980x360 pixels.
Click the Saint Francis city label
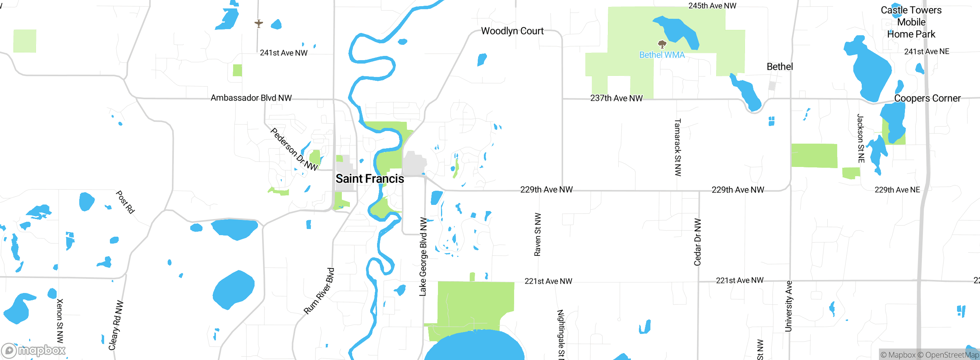coord(370,179)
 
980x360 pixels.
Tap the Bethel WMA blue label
coord(662,55)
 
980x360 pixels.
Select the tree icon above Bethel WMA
coord(662,44)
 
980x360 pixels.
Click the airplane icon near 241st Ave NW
coord(259,24)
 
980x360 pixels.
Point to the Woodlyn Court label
coord(512,31)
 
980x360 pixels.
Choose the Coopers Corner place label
coord(927,98)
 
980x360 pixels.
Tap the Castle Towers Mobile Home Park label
coord(911,22)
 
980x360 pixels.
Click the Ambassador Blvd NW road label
coord(251,98)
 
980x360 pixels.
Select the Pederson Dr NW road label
coord(294,149)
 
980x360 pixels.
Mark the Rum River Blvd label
coord(319,291)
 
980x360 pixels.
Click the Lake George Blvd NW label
coord(423,257)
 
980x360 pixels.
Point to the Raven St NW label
coord(537,234)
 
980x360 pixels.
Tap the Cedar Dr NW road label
coord(697,242)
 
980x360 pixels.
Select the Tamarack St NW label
coord(678,147)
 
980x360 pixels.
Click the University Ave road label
coord(788,306)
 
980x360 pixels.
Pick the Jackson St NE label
coord(861,138)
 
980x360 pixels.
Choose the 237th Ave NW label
coord(616,98)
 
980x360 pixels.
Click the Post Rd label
coord(125,202)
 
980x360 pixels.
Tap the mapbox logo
coord(34,350)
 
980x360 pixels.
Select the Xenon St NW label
coord(60,321)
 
